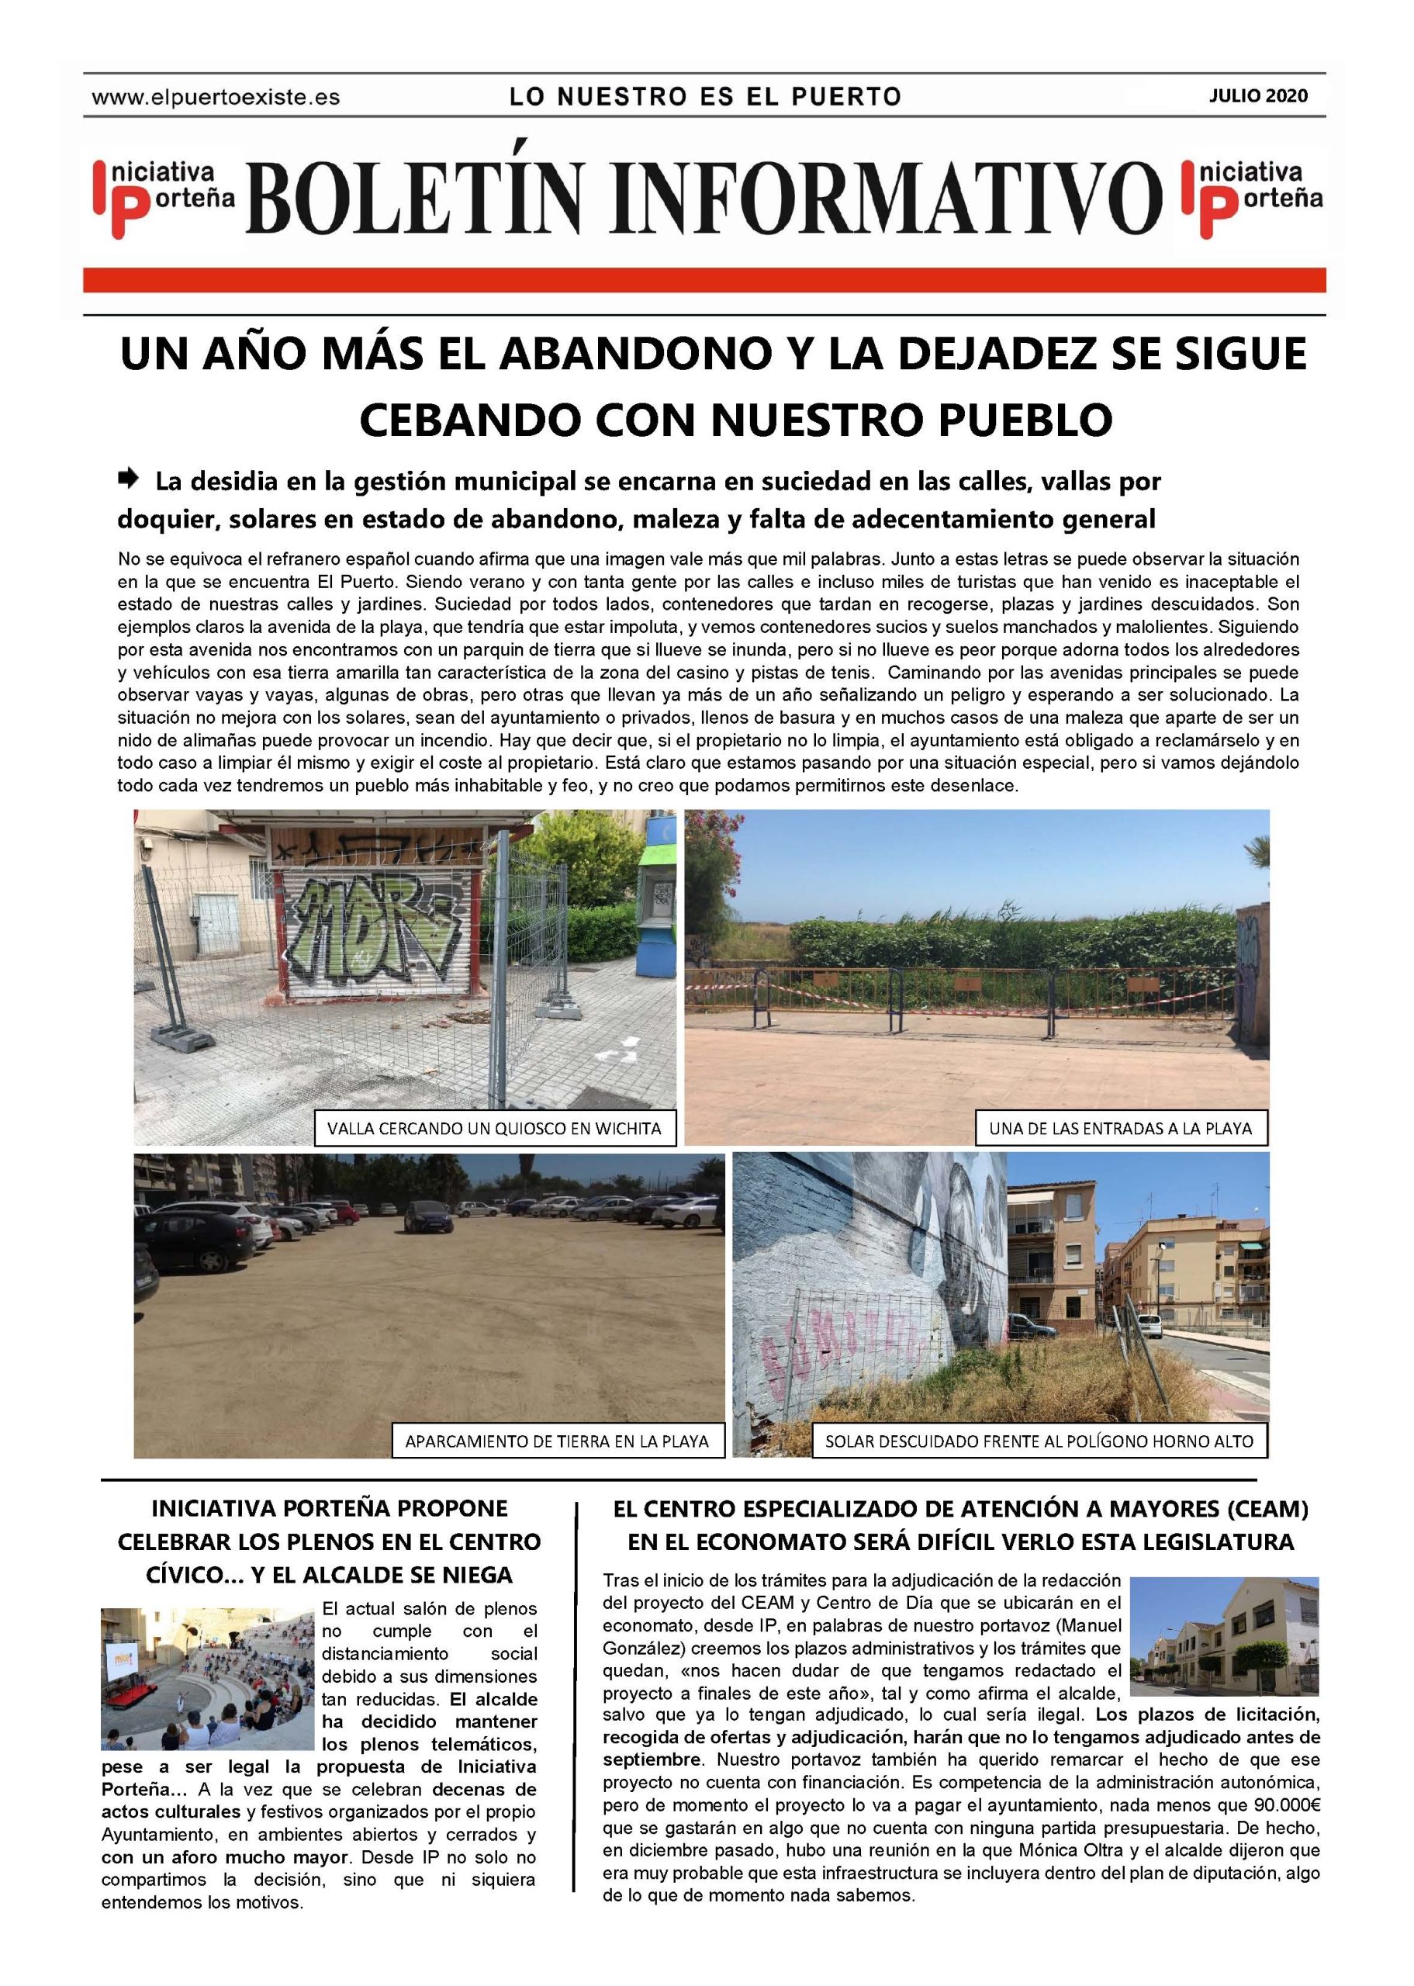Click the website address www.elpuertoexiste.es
pos(215,98)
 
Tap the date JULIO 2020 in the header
pos(1258,95)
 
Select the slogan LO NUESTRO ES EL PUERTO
pos(705,97)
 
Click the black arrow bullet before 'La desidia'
pos(128,477)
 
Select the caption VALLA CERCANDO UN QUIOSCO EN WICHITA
pos(493,1129)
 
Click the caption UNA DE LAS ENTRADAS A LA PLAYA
pos(1120,1129)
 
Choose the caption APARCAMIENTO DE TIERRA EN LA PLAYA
pos(556,1441)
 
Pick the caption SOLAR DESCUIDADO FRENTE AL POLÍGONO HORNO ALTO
pos(1039,1441)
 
